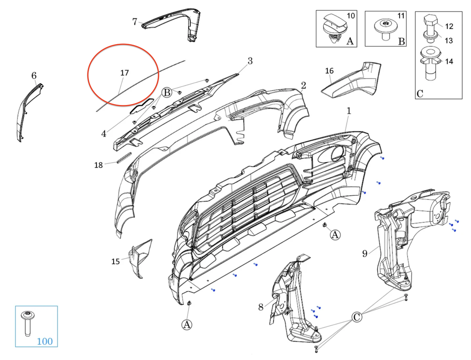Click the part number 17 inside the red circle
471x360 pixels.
click(x=124, y=73)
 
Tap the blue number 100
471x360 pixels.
click(x=45, y=341)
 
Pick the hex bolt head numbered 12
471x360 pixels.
click(x=431, y=23)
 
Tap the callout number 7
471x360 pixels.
click(x=135, y=22)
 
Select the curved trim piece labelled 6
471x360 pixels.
click(x=29, y=112)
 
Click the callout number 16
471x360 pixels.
click(x=329, y=71)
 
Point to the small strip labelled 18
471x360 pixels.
click(x=124, y=157)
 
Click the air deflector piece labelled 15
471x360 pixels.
click(x=139, y=258)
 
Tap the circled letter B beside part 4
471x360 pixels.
click(x=167, y=93)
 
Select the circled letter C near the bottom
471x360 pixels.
click(x=357, y=317)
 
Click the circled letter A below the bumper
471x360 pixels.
click(x=187, y=325)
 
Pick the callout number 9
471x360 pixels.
click(x=365, y=254)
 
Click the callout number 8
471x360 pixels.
click(x=261, y=307)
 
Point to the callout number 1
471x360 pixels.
click(x=349, y=111)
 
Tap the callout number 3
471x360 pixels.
click(x=250, y=61)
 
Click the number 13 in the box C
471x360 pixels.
click(x=448, y=41)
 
